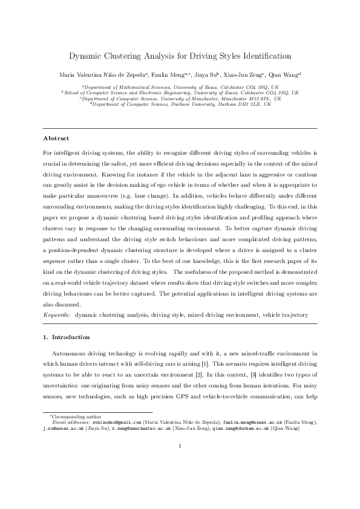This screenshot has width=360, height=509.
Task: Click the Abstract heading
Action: [57, 138]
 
